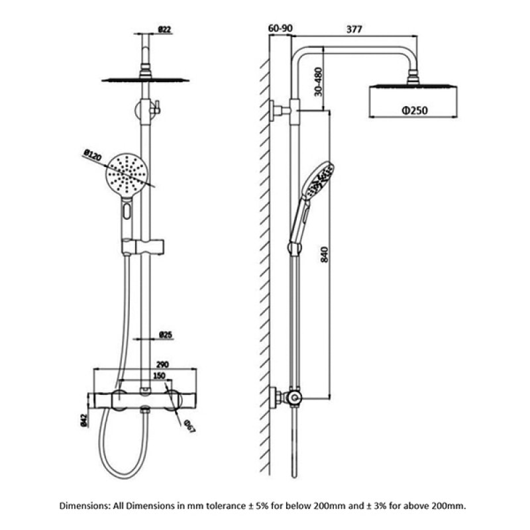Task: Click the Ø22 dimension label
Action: pos(166,30)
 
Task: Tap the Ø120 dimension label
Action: pos(91,156)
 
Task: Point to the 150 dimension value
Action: pos(159,376)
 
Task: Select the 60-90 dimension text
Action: pos(280,29)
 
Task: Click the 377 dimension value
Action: pos(355,29)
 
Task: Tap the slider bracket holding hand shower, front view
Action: pos(144,247)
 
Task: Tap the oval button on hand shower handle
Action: pos(127,213)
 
